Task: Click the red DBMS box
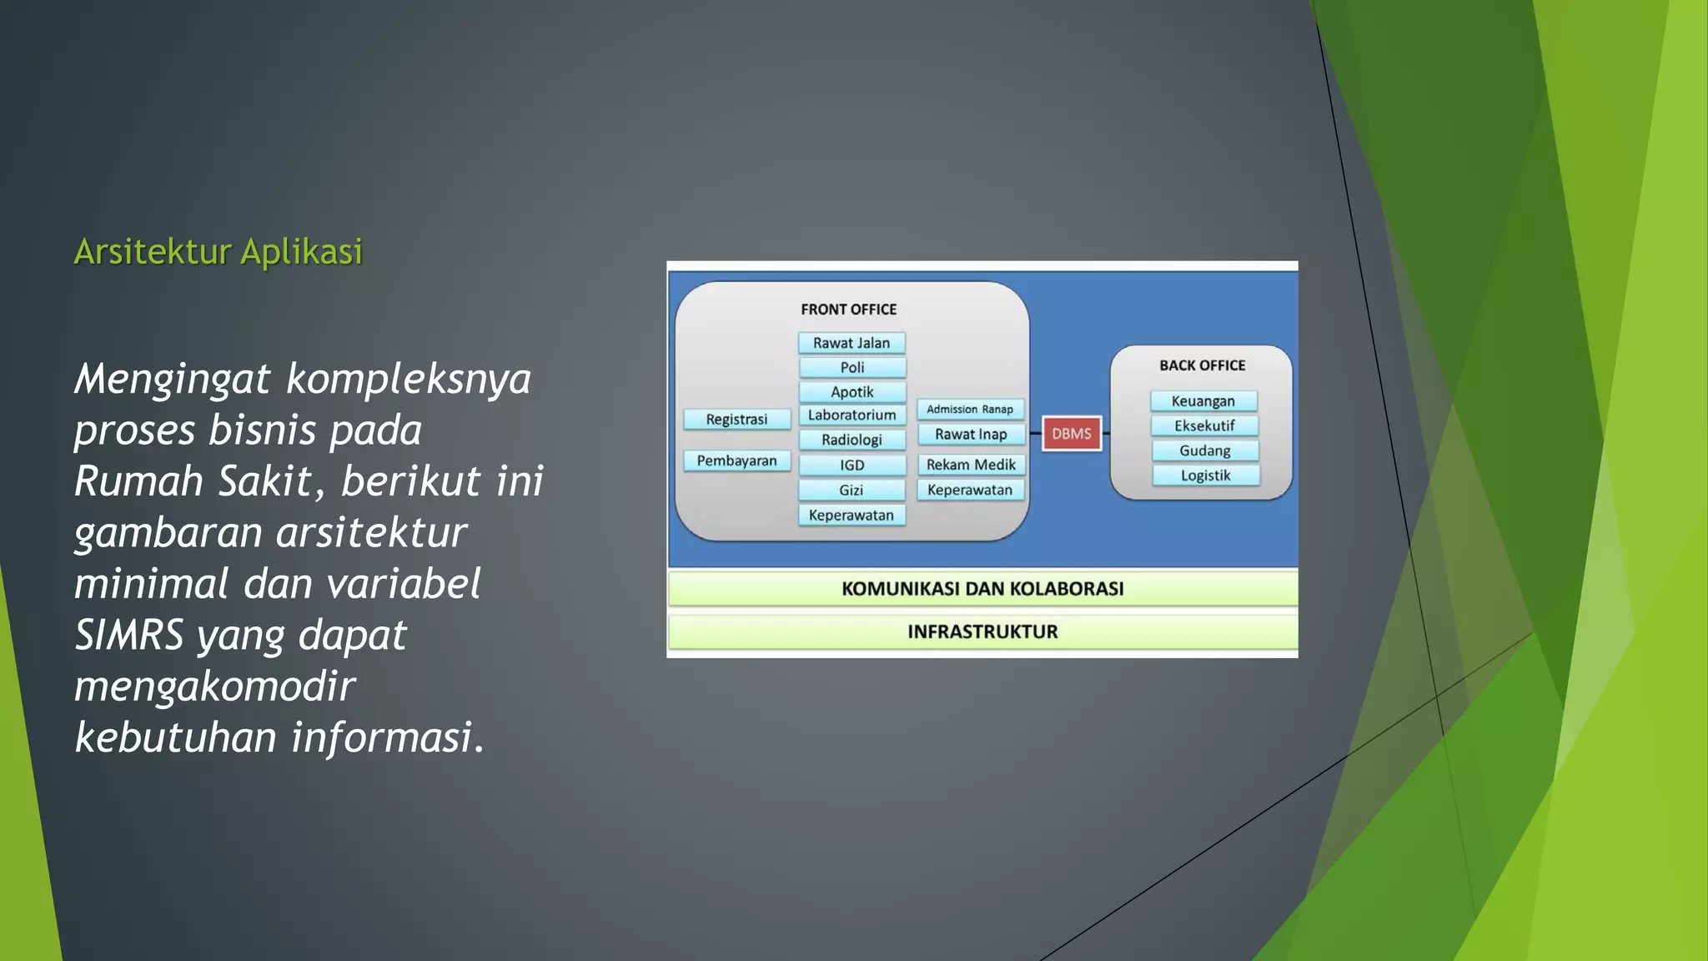click(x=1072, y=434)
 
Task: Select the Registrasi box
click(x=736, y=419)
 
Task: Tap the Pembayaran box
click(x=736, y=460)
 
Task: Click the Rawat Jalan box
click(x=851, y=343)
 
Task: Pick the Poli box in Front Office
click(x=851, y=367)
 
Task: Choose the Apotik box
click(x=851, y=391)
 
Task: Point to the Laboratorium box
click(x=851, y=415)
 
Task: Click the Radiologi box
click(x=851, y=440)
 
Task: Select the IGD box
click(x=851, y=465)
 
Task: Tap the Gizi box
click(x=851, y=490)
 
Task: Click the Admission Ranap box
click(x=970, y=409)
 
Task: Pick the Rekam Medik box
click(x=971, y=465)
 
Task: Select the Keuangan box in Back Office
click(x=1203, y=401)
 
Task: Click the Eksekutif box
click(x=1204, y=425)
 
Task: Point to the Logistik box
click(x=1205, y=475)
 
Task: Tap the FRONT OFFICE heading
click(x=848, y=309)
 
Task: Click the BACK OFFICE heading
click(x=1202, y=365)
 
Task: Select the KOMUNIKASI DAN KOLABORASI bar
click(x=982, y=589)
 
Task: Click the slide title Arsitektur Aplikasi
click(x=219, y=251)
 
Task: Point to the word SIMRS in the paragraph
click(x=128, y=635)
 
